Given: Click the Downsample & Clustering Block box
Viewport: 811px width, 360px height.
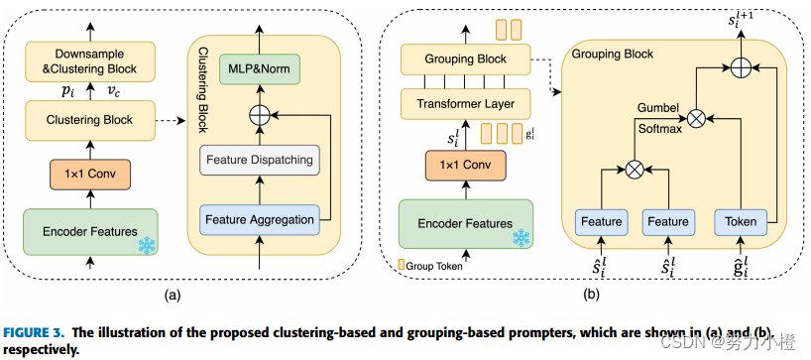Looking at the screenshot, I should point(88,61).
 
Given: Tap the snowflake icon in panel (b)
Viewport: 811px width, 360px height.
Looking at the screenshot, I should point(520,238).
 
